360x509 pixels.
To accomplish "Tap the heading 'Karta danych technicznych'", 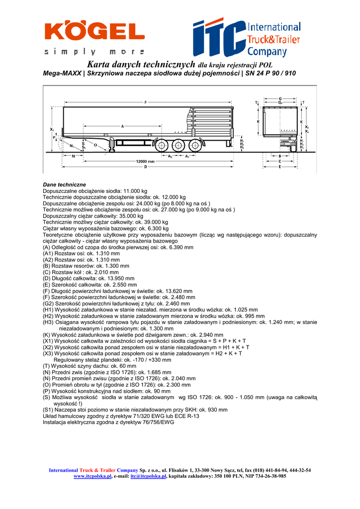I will click(141, 65).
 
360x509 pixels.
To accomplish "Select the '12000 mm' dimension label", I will click(146, 162).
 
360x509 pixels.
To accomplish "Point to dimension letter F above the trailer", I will click(146, 102).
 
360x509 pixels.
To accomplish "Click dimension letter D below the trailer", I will click(146, 168).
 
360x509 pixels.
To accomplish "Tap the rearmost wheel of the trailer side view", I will click(195, 146).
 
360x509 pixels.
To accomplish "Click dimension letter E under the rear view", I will click(280, 167).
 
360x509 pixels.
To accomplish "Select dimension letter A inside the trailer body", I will click(122, 126).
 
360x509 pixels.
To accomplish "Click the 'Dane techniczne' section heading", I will click(65, 185).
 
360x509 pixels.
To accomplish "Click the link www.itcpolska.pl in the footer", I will click(92, 476).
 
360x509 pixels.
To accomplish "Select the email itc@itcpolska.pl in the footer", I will click(148, 476).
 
